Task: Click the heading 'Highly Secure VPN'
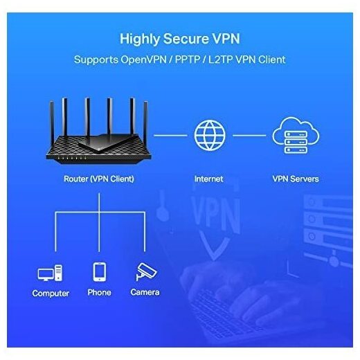(x=180, y=39)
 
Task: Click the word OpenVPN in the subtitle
(x=143, y=60)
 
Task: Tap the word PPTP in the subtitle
(x=188, y=60)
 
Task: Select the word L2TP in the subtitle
(x=220, y=60)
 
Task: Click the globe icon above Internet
(x=210, y=136)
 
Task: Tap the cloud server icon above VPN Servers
(x=296, y=136)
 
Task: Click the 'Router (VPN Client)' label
(x=99, y=179)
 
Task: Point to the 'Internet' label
(x=208, y=179)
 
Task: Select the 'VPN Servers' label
(x=296, y=179)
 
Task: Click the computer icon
(x=50, y=273)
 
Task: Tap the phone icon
(x=100, y=272)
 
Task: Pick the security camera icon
(x=146, y=271)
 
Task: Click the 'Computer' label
(x=51, y=294)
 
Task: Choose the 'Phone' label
(x=99, y=292)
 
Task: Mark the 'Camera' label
(x=145, y=292)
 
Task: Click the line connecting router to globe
(x=170, y=136)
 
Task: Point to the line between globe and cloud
(x=249, y=136)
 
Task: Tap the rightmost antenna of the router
(x=145, y=123)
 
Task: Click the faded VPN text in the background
(x=216, y=213)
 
